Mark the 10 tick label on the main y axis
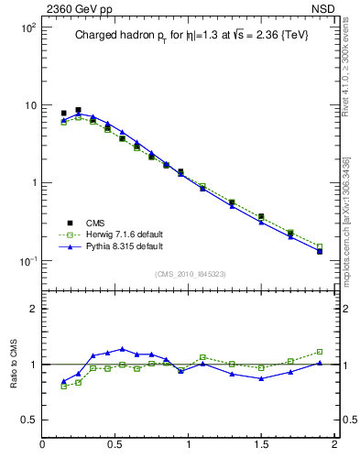coord(29,105)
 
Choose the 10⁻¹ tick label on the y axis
coord(27,260)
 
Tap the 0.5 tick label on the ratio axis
coord(28,420)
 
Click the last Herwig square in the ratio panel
coord(320,352)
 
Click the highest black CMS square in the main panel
coord(78,110)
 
